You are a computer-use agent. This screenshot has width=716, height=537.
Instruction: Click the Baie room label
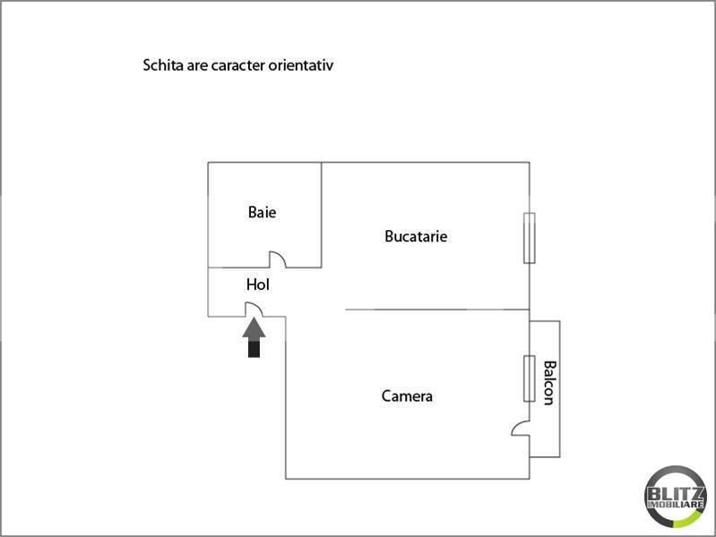pos(262,212)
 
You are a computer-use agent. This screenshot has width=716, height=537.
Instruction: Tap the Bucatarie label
pos(416,236)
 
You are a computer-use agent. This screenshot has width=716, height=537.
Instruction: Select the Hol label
pos(258,285)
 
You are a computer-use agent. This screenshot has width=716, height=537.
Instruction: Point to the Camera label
pos(407,396)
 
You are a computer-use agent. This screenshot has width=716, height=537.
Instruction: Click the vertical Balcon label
pos(549,383)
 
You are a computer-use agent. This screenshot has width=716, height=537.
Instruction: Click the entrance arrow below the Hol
pos(254,337)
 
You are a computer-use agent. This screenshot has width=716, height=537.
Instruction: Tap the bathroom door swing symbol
pos(278,260)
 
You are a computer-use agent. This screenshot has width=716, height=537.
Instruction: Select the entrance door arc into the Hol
pos(254,310)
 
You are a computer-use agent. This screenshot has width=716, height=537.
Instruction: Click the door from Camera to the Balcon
pos(521,429)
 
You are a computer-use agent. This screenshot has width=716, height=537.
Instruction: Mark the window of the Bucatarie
pos(530,238)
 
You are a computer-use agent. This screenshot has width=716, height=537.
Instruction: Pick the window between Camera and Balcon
pos(530,379)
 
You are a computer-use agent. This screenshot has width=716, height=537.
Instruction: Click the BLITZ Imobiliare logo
pos(676,497)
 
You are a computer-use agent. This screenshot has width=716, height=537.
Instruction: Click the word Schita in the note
pos(163,65)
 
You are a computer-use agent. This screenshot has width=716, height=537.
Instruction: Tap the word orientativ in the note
pos(301,65)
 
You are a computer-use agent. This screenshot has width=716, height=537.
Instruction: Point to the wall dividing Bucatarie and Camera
pos(437,310)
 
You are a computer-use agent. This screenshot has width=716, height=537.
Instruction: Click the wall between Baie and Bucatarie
pos(322,215)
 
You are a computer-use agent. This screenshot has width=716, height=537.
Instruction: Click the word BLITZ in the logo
pos(676,494)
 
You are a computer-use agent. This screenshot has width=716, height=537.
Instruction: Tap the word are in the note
pos(197,66)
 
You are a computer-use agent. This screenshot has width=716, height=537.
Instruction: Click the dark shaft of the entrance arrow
pos(254,348)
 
